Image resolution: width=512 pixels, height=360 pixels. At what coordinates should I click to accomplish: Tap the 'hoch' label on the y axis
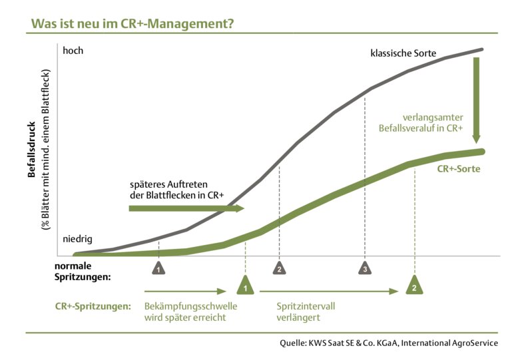coord(73,51)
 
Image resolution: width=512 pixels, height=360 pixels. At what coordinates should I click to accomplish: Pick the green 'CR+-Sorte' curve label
coord(458,169)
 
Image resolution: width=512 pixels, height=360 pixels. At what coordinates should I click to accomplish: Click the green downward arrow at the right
coord(477,100)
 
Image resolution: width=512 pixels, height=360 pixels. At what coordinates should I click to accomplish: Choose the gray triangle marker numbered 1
coord(158,268)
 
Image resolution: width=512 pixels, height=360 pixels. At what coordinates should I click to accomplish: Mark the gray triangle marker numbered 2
coord(279,268)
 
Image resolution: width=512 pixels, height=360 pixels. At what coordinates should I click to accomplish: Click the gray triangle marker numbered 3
coord(365,268)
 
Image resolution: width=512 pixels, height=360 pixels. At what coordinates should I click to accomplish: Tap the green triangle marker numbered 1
coord(246,286)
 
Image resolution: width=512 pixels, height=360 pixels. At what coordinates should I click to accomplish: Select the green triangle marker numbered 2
coord(414,286)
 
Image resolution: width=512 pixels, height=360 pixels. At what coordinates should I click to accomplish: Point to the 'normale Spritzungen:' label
coord(82,271)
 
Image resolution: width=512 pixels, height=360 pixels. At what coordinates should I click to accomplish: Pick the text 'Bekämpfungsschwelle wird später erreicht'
coord(190,313)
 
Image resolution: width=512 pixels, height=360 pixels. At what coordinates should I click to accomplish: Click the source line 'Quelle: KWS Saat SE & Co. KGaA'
coord(389,344)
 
